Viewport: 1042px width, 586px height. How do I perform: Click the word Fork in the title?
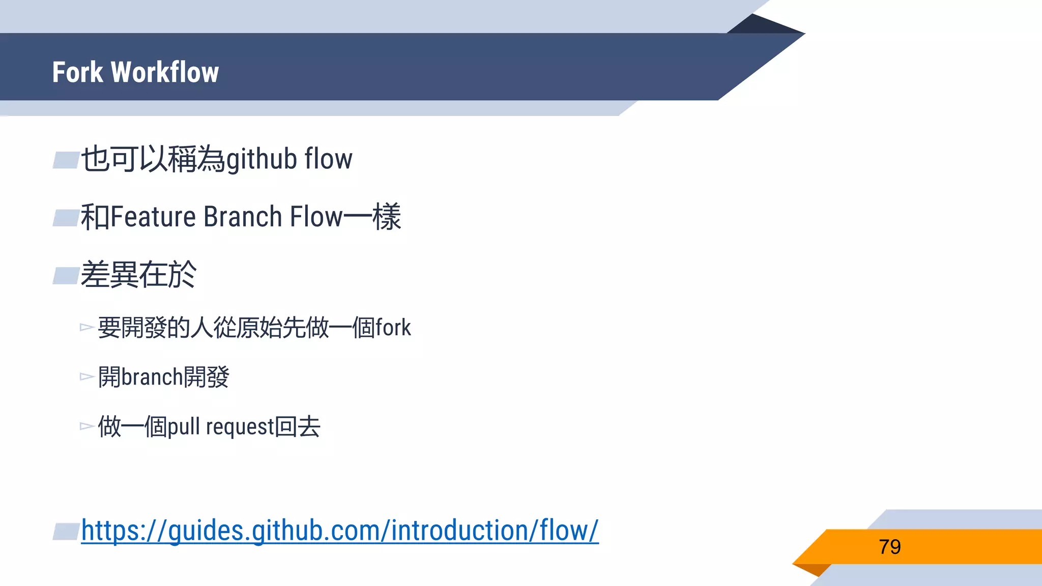pyautogui.click(x=77, y=72)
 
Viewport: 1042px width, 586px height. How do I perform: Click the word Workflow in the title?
pyautogui.click(x=165, y=72)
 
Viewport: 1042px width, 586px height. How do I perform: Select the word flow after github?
pyautogui.click(x=328, y=159)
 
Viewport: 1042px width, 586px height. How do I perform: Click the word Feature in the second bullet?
pyautogui.click(x=153, y=217)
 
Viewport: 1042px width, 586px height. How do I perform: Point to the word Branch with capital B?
pyautogui.click(x=243, y=217)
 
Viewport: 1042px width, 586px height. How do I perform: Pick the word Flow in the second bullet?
pyautogui.click(x=316, y=217)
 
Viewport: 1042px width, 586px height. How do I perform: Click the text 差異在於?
pyautogui.click(x=138, y=275)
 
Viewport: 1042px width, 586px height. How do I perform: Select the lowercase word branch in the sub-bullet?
pyautogui.click(x=152, y=377)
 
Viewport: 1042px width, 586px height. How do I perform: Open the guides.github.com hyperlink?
pyautogui.click(x=340, y=531)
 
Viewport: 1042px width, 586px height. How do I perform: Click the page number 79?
pyautogui.click(x=889, y=547)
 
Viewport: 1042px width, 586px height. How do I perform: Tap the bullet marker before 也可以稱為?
pyautogui.click(x=66, y=160)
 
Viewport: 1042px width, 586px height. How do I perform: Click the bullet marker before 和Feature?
pyautogui.click(x=66, y=218)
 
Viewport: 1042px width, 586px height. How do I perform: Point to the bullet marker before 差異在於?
pyautogui.click(x=66, y=276)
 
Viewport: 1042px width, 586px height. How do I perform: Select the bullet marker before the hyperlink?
pyautogui.click(x=66, y=532)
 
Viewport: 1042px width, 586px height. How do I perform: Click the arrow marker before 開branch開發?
pyautogui.click(x=86, y=377)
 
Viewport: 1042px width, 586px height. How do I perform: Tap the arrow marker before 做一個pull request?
pyautogui.click(x=86, y=426)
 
